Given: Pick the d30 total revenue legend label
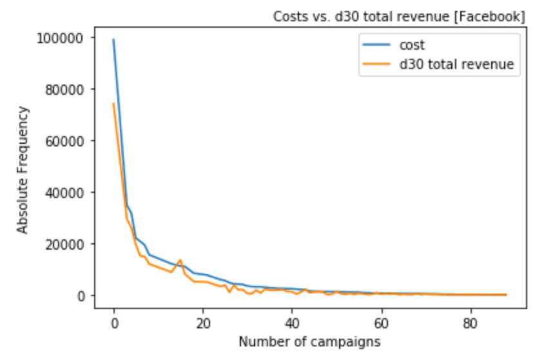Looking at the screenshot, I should pos(456,64).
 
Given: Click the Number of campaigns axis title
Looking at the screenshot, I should pos(309,341).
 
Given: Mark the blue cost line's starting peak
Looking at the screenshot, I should pos(113,39).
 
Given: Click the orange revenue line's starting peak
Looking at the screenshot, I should pos(113,103).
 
